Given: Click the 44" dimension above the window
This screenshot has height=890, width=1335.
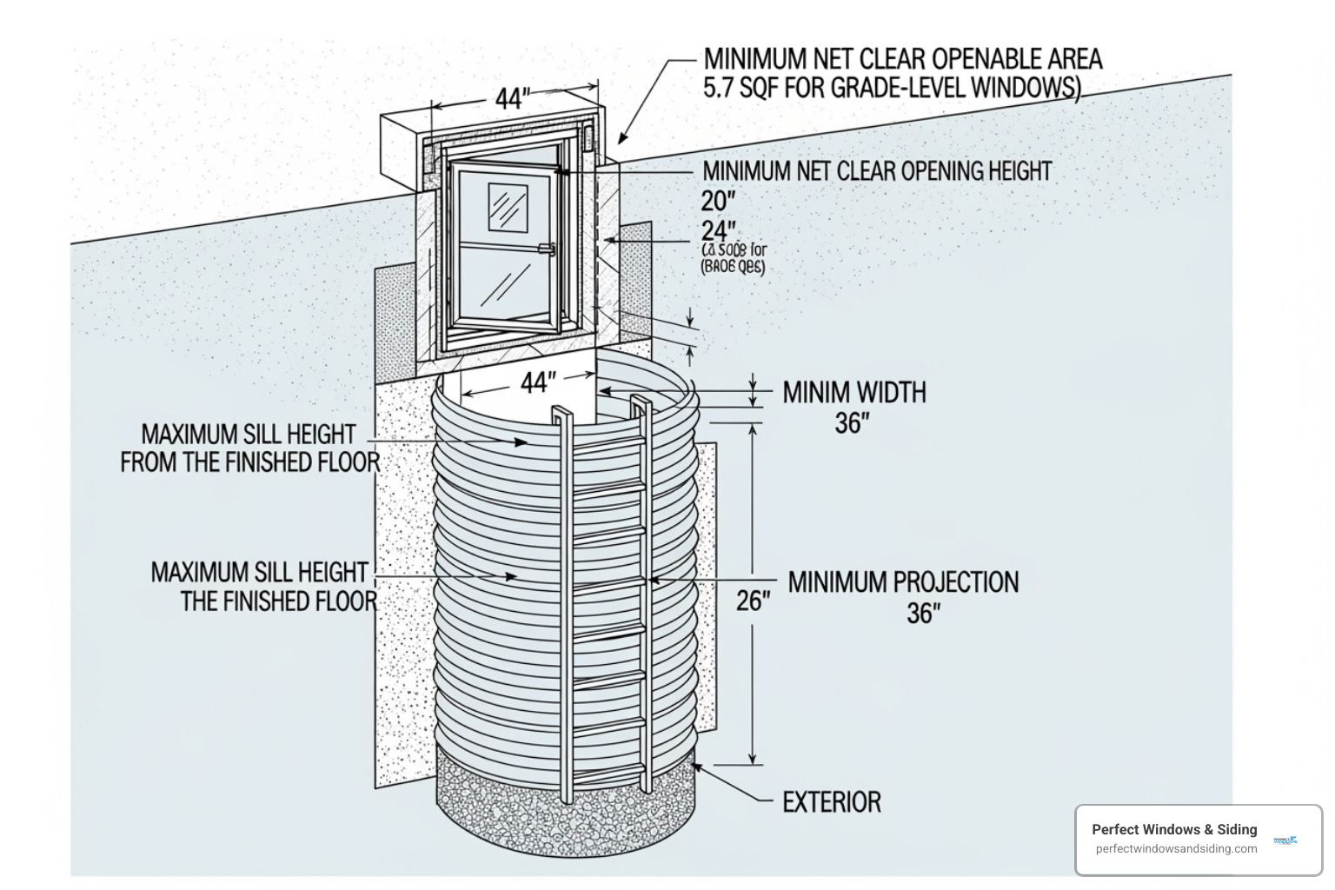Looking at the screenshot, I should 512,98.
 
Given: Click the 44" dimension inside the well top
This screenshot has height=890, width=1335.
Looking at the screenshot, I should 538,382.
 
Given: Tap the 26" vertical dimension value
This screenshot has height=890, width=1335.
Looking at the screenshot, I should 753,601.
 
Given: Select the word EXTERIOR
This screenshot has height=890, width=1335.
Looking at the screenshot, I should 832,801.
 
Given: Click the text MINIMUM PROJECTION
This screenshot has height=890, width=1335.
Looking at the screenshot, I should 903,581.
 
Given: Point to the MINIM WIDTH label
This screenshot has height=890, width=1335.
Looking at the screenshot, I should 854,393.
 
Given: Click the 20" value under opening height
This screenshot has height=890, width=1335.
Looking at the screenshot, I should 718,201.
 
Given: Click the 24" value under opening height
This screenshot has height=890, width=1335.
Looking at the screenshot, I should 719,230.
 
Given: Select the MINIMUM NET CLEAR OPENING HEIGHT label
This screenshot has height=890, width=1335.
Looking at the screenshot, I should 877,171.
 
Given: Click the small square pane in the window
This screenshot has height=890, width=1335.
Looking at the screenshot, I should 508,208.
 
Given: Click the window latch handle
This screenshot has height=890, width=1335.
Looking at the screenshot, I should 547,249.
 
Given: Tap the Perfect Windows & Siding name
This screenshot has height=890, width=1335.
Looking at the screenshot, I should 1174,829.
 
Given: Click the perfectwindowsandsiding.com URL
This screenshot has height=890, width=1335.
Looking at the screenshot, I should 1176,849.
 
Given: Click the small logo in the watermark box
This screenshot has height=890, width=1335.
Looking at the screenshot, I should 1285,840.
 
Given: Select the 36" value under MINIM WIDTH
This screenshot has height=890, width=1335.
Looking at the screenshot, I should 852,423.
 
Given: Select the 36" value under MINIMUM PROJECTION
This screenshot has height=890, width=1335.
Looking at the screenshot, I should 923,614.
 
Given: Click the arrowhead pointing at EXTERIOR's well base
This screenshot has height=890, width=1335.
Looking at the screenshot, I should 697,767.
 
